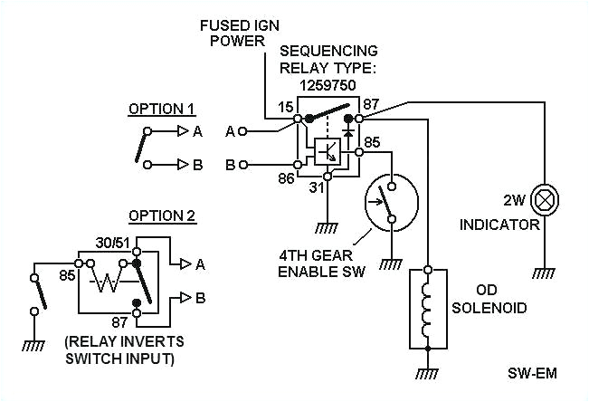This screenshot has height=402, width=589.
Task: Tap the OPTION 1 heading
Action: [x=162, y=110]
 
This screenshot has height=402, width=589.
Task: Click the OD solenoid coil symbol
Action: [x=429, y=307]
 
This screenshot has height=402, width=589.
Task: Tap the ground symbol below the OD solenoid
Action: [x=429, y=372]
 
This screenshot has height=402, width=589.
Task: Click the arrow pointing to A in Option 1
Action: [x=185, y=131]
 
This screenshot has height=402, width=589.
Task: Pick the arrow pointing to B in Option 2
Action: [x=185, y=296]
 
